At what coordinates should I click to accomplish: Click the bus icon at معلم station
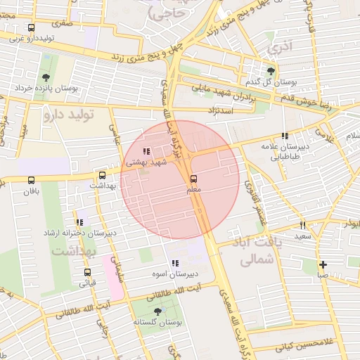[194, 179]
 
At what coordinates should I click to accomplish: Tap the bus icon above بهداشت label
[103, 174]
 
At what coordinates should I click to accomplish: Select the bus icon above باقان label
[30, 179]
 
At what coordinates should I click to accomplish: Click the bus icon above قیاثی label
[88, 272]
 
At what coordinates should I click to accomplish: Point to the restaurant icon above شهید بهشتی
[146, 151]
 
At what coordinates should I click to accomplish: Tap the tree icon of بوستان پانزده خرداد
[46, 77]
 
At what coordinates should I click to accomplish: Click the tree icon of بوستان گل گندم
[271, 70]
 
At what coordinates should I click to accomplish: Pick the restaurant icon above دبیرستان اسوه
[174, 263]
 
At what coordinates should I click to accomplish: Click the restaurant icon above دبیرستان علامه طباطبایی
[284, 136]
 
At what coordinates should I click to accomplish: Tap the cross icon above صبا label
[322, 265]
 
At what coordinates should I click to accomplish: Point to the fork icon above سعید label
[303, 225]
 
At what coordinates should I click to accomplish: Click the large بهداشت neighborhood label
[67, 251]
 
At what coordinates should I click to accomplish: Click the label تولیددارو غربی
[31, 37]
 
